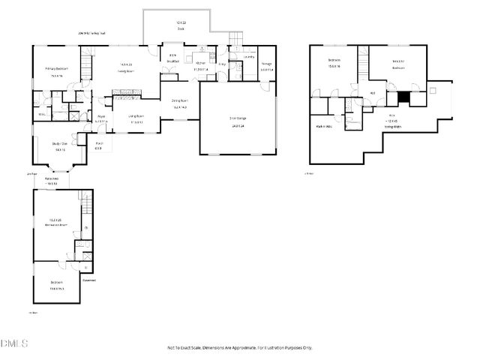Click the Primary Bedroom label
56,69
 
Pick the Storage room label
266,64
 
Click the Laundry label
249,57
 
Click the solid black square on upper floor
403,95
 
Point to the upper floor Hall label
372,93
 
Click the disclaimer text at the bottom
240,348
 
